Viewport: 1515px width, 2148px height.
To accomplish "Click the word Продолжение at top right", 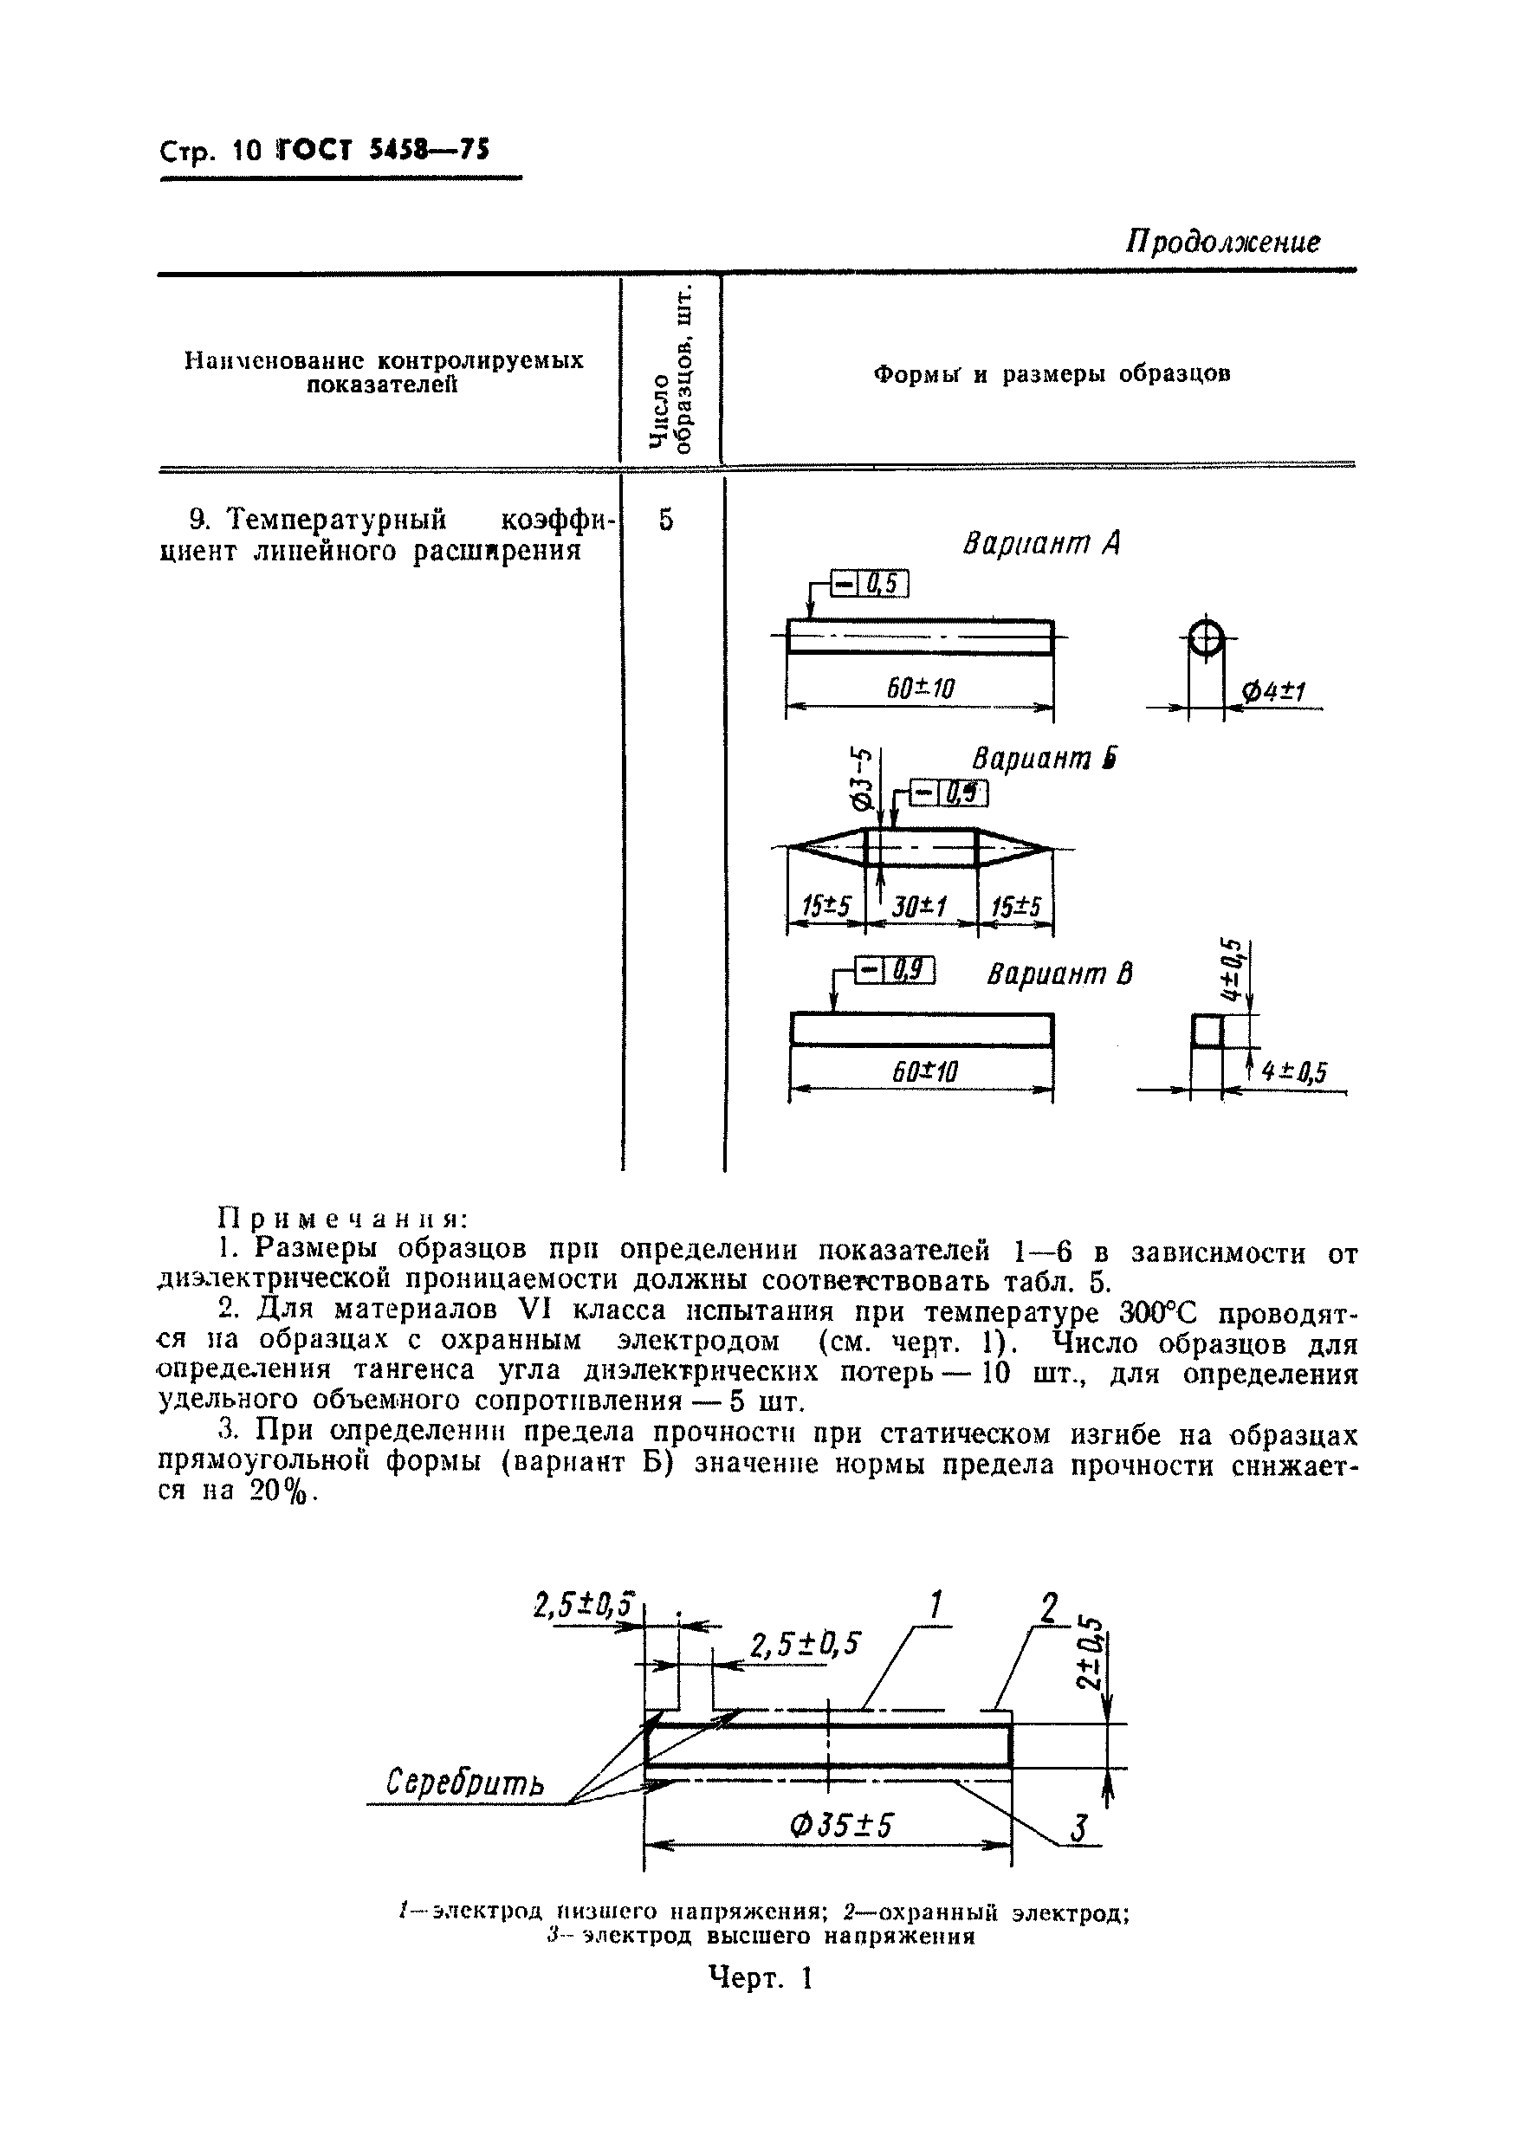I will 1222,243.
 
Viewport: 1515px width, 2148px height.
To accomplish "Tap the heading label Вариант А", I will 1041,544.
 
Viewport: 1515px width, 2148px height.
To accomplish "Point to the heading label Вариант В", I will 1059,975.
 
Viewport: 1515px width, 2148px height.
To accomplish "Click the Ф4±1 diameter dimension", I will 1272,692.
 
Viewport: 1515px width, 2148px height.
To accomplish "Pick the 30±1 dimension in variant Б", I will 920,907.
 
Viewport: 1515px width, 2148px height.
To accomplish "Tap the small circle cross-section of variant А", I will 1207,641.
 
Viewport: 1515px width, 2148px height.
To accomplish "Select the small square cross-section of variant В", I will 1207,1032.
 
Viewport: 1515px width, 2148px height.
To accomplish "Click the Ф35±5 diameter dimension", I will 841,1825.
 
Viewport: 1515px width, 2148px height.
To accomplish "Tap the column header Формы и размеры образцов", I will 1051,375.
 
